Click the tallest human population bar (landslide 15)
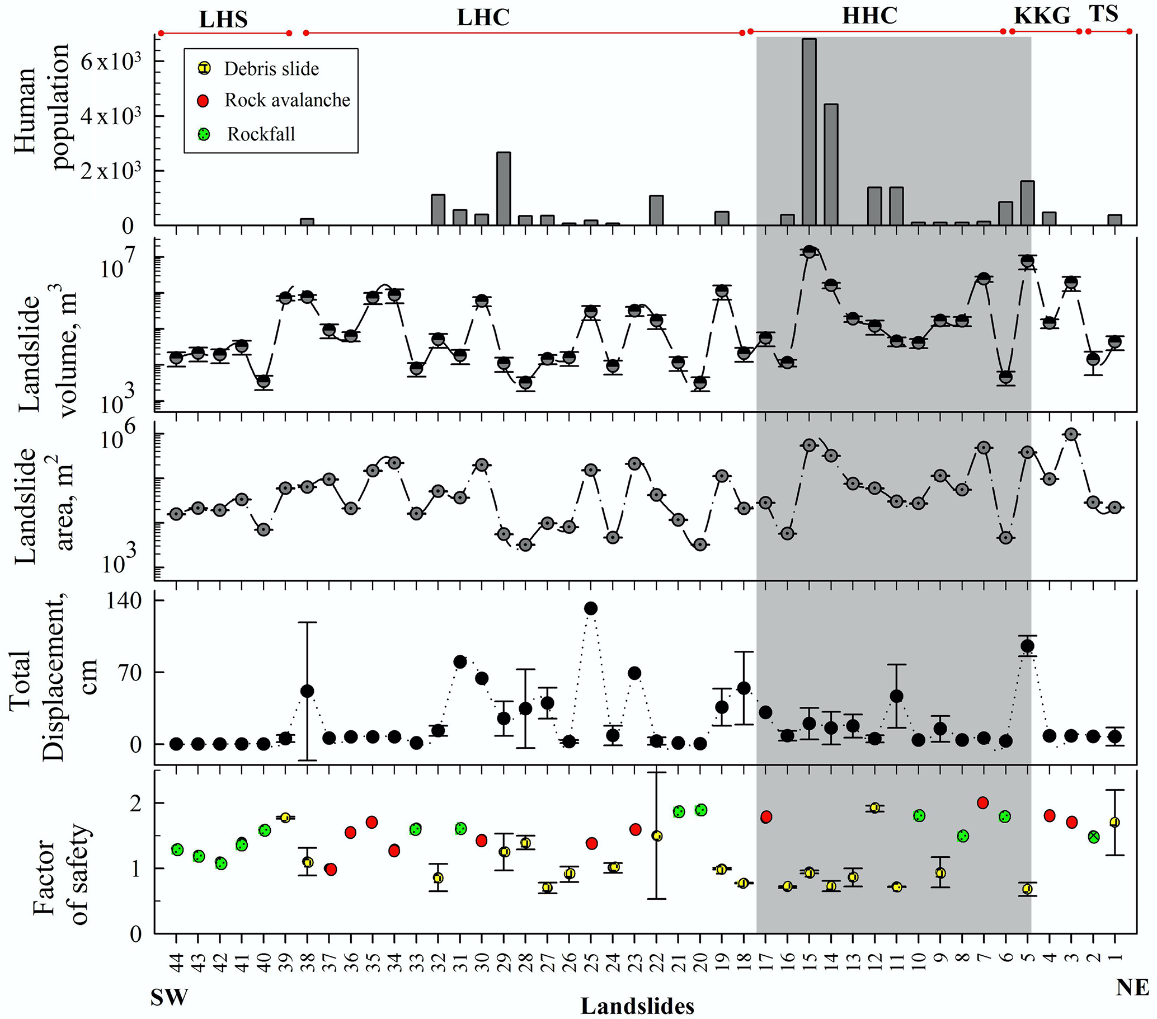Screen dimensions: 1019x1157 pos(810,132)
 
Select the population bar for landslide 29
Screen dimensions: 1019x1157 pos(504,189)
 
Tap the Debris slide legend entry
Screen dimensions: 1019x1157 pos(271,69)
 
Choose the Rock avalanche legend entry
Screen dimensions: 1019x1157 pos(287,100)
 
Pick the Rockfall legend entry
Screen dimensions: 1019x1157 pos(261,134)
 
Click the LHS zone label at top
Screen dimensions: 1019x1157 pos(224,20)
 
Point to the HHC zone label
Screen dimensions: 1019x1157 pos(869,16)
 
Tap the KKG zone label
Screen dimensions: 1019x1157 pos(1042,16)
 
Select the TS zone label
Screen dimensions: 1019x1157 pos(1104,13)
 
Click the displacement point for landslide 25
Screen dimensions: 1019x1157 pos(591,609)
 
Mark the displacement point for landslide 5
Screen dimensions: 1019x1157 pos(1027,646)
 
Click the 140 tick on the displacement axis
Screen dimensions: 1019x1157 pos(124,600)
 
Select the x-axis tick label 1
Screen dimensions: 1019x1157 pos(1115,957)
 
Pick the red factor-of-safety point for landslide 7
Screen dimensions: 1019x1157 pos(983,803)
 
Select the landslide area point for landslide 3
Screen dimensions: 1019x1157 pos(1071,434)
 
